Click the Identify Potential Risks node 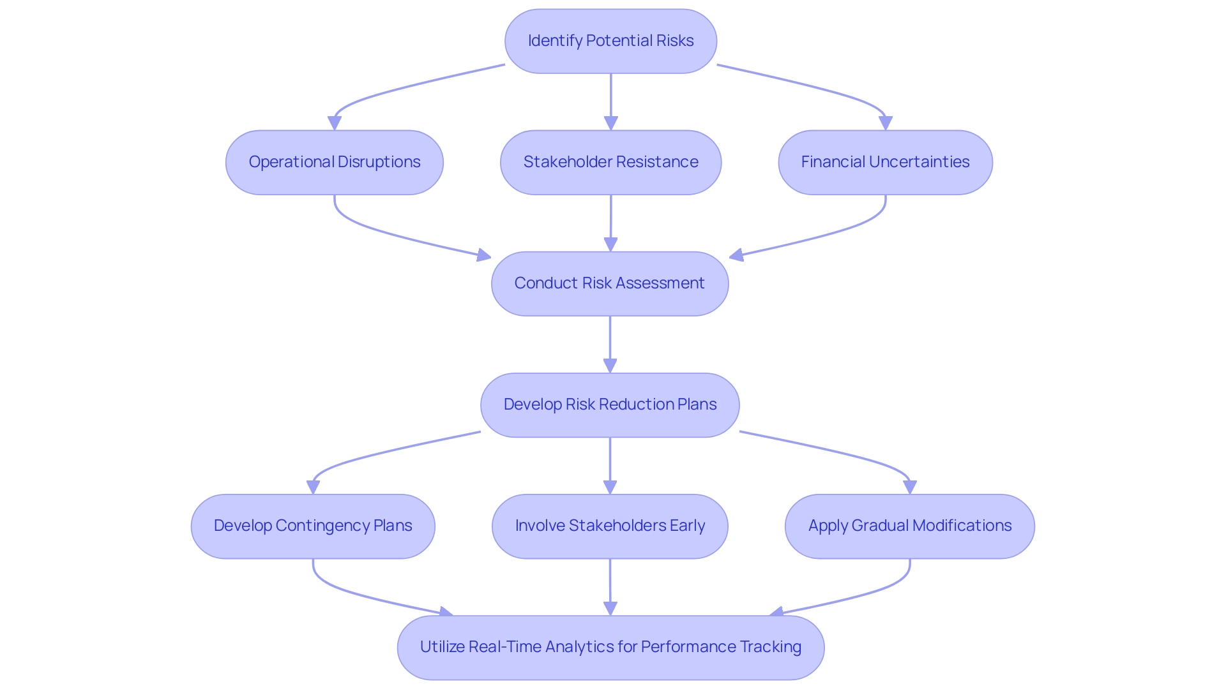tap(610, 41)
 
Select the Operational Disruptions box tap(334, 162)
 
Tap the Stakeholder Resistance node tap(610, 162)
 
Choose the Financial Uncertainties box tap(885, 162)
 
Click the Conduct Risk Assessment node tap(610, 283)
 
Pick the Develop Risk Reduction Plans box tap(610, 405)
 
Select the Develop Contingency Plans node tap(313, 526)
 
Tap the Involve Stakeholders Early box tap(610, 526)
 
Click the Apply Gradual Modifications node tap(909, 526)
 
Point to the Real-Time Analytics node tap(610, 647)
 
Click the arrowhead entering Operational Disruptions tap(335, 123)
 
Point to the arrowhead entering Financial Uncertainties tap(885, 123)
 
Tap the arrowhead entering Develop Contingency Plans tap(313, 487)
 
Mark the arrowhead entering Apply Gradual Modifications tap(910, 487)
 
